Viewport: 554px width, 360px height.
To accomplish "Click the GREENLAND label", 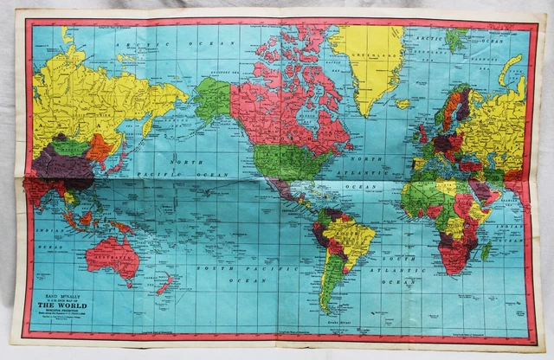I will click(x=369, y=50).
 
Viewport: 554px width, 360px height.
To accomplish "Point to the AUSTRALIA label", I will click(x=113, y=253).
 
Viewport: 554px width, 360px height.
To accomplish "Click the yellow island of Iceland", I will click(x=403, y=104).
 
